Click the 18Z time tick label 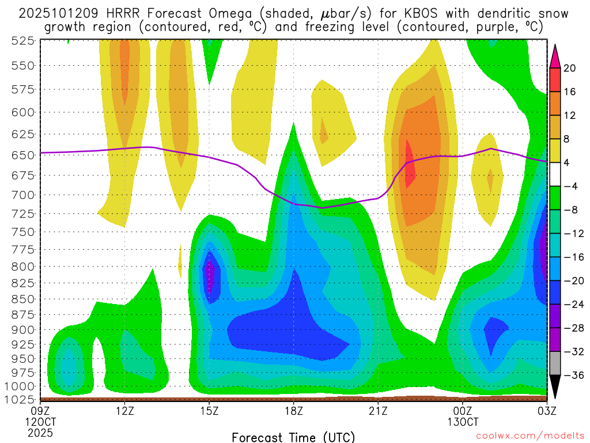click(293, 411)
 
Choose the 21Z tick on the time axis click(378, 411)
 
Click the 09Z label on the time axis click(40, 411)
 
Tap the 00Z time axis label click(463, 411)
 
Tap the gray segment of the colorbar click(555, 363)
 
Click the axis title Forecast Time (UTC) click(293, 437)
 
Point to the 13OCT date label click(463, 422)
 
